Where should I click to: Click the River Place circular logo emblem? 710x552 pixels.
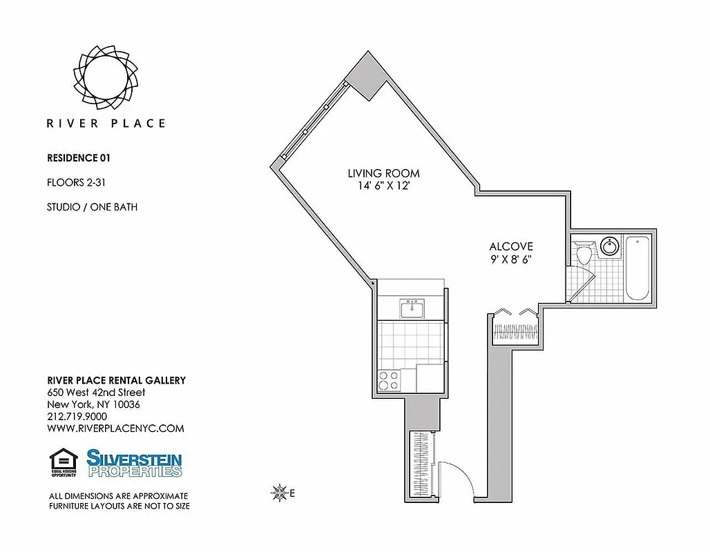click(106, 77)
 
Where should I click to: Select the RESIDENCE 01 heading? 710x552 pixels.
click(78, 157)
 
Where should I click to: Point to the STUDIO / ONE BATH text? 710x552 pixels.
click(91, 206)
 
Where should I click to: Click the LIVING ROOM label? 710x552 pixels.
click(383, 173)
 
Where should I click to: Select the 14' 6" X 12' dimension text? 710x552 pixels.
click(383, 186)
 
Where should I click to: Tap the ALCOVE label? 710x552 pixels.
click(511, 246)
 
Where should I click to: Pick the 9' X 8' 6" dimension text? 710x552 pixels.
click(511, 259)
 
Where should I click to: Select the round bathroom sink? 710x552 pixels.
click(610, 246)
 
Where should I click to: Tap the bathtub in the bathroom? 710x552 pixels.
click(637, 267)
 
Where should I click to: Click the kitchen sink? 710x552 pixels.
click(412, 308)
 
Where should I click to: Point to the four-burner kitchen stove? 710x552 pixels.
click(389, 379)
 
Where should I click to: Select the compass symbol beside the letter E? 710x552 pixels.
click(280, 493)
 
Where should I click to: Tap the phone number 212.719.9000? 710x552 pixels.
click(77, 416)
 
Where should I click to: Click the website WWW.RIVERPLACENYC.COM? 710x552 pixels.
click(115, 428)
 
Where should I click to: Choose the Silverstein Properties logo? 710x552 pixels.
click(135, 463)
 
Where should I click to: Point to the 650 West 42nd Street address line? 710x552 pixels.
click(96, 393)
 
